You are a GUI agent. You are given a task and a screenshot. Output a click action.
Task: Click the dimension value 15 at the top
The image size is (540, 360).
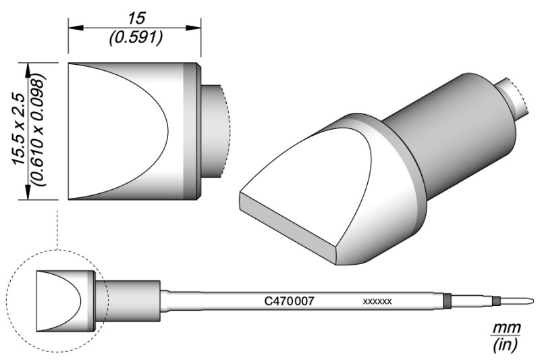(137, 18)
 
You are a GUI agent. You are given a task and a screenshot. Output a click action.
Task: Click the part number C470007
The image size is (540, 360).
(289, 301)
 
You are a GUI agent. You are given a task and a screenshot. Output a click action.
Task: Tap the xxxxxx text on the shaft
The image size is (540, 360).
(377, 302)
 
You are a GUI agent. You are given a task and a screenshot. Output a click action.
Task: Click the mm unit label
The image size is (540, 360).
(506, 328)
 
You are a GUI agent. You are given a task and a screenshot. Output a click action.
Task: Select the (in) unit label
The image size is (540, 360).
(505, 344)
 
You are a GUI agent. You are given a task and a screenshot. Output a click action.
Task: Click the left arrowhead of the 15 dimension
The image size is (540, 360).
(76, 28)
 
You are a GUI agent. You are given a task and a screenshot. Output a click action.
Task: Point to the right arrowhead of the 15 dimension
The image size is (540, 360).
(193, 28)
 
